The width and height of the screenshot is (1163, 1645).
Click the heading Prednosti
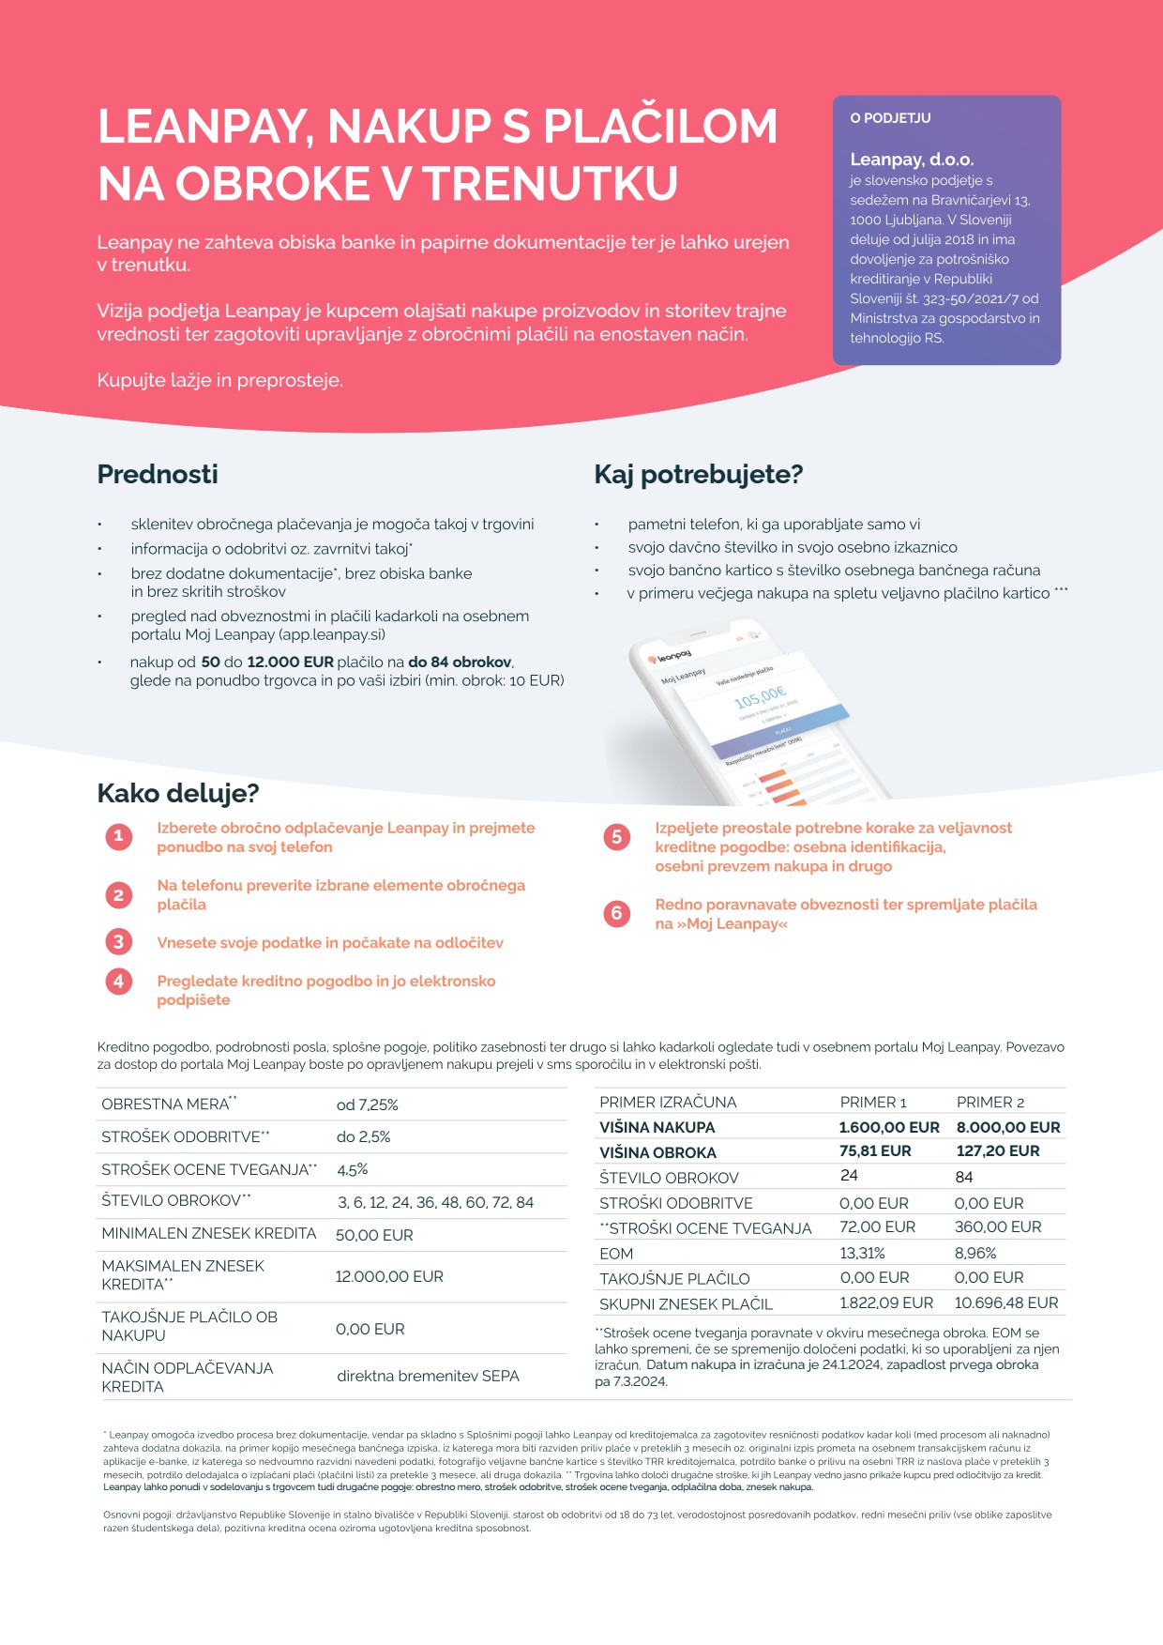point(158,474)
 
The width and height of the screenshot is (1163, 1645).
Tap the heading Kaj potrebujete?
point(698,474)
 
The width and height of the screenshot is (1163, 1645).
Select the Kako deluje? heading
point(178,793)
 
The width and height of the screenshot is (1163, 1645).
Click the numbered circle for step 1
point(118,836)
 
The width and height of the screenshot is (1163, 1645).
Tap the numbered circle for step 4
point(118,982)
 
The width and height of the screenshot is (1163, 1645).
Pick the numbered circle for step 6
point(616,913)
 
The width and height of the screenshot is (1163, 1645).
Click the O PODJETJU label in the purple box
point(890,118)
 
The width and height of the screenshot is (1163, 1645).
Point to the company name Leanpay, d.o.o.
point(912,160)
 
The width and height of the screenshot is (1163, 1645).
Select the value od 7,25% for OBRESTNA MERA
point(368,1104)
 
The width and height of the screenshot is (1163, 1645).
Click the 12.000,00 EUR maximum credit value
point(389,1276)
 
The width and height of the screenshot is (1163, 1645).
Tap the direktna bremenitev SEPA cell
point(428,1376)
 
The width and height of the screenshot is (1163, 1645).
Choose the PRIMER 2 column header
point(990,1102)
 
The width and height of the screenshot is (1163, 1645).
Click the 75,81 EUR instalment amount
point(875,1151)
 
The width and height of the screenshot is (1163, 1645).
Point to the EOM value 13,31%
point(862,1253)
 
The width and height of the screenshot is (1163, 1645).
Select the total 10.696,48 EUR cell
point(1005,1302)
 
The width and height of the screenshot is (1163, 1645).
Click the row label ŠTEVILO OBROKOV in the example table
point(669,1178)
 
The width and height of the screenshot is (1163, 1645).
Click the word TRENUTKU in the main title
point(551,183)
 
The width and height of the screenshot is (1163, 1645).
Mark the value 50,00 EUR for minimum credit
point(374,1235)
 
